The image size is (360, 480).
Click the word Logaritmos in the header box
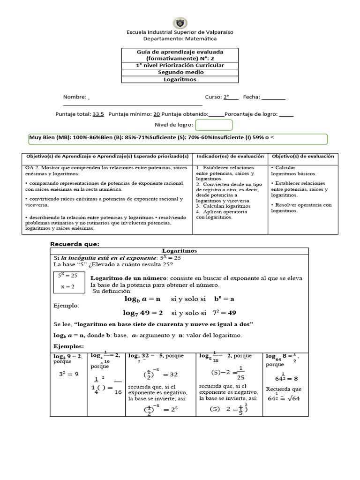(x=180, y=79)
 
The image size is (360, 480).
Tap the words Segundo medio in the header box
(x=180, y=72)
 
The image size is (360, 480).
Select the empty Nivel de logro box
(x=214, y=125)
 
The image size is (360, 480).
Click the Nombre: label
(x=75, y=97)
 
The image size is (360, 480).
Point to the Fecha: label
(x=251, y=97)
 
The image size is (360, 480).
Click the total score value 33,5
(x=98, y=114)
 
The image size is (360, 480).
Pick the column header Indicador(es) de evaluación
(x=230, y=156)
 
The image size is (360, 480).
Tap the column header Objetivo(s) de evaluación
(x=303, y=156)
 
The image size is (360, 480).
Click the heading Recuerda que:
(x=75, y=244)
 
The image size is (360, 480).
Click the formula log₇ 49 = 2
(x=143, y=313)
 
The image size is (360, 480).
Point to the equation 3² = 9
(x=68, y=374)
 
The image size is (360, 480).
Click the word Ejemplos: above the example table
(x=68, y=346)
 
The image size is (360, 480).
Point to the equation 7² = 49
(x=225, y=313)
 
